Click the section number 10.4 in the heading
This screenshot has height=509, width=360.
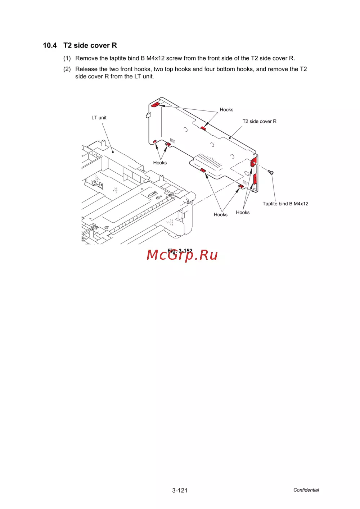click(x=50, y=45)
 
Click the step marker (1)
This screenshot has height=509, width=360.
click(x=67, y=58)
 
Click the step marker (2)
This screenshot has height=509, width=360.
click(x=67, y=69)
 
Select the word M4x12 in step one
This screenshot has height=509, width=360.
click(x=155, y=58)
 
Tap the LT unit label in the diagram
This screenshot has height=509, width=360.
click(x=99, y=118)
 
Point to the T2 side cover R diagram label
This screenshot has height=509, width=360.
click(x=260, y=121)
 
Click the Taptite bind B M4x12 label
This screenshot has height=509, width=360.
click(x=285, y=204)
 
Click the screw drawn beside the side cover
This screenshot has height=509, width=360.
click(x=270, y=172)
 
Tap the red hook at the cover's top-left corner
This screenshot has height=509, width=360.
click(x=156, y=105)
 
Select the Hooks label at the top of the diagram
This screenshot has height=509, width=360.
click(x=226, y=109)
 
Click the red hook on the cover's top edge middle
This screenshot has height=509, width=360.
click(x=203, y=128)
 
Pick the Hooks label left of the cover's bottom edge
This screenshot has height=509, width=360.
click(x=160, y=163)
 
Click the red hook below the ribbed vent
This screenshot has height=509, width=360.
click(x=203, y=170)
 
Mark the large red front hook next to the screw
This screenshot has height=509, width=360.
click(x=253, y=162)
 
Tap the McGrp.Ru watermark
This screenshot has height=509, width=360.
click(x=182, y=255)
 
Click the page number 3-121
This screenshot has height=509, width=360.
click(x=180, y=490)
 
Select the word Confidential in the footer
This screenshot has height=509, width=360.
click(x=306, y=490)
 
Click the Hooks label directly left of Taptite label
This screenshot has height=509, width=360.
click(x=243, y=213)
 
